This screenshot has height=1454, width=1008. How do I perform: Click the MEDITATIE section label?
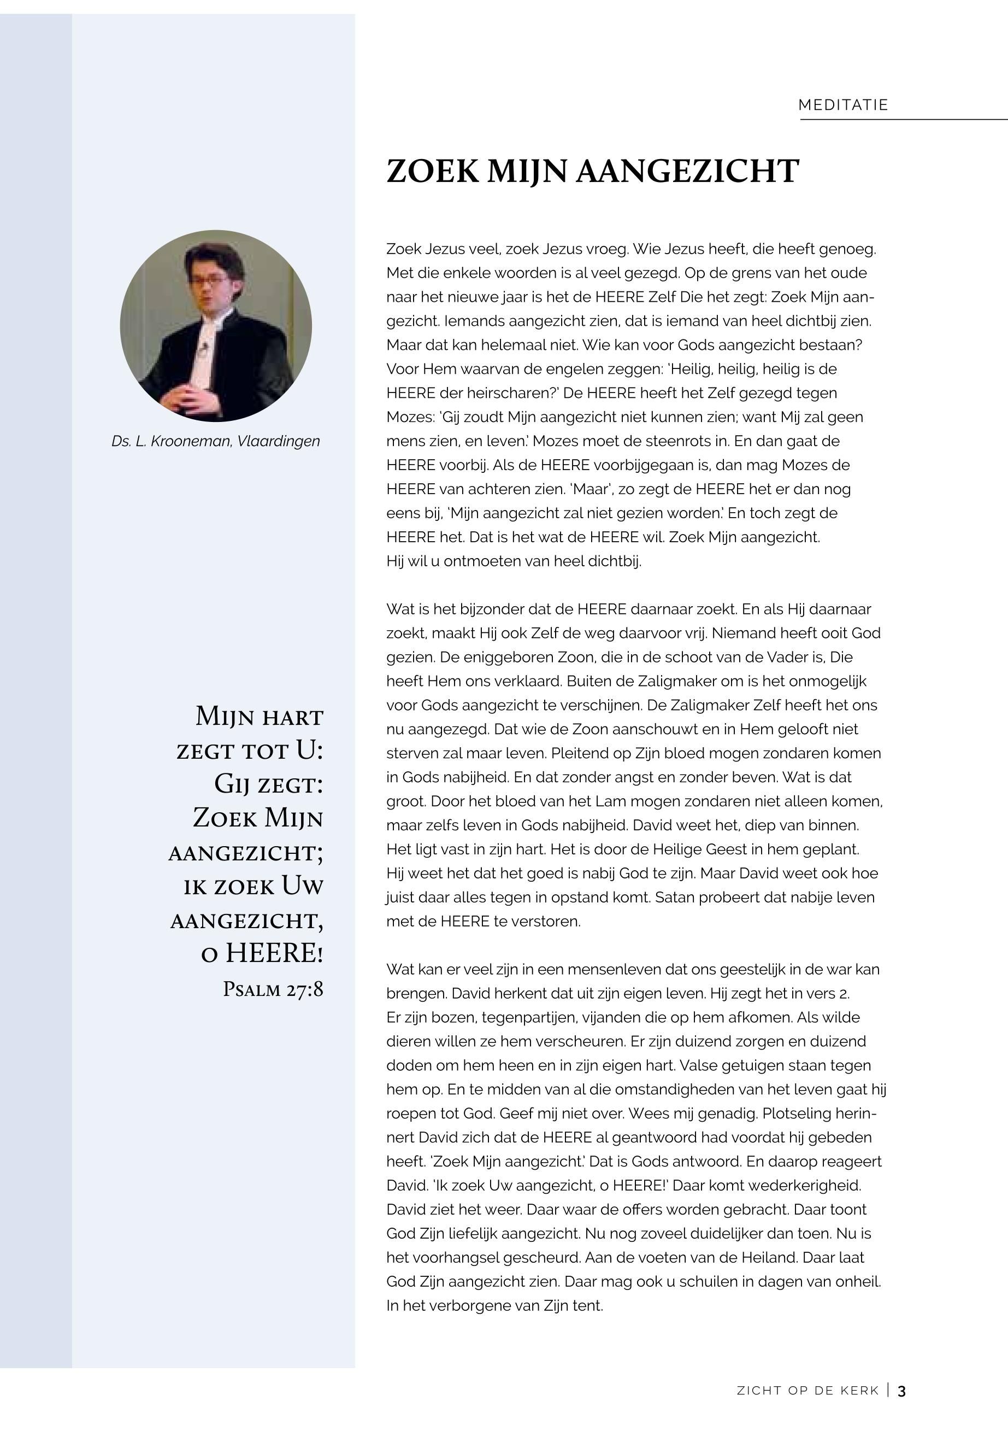point(843,105)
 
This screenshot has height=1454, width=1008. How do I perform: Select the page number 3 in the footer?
point(902,1391)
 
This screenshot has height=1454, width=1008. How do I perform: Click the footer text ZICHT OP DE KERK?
point(808,1391)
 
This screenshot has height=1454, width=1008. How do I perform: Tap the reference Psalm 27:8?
point(273,989)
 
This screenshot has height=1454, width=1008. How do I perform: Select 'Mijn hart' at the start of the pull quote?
point(259,717)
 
